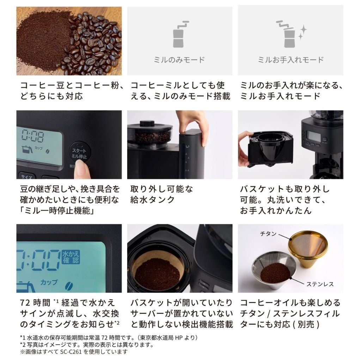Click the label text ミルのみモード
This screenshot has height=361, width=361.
179,60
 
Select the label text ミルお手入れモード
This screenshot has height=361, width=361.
290,60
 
